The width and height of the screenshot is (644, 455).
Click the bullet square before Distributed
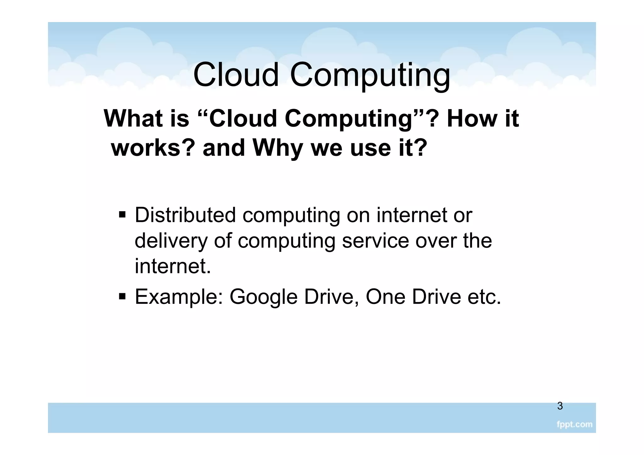(x=122, y=216)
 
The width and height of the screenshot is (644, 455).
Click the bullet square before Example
(x=122, y=296)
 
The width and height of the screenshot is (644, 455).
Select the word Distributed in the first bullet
(x=185, y=215)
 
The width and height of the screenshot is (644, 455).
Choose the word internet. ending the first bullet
(x=173, y=266)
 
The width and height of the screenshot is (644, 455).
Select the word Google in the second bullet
(x=264, y=297)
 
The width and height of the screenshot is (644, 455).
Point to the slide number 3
(x=560, y=406)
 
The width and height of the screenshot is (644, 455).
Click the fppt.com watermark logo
(x=574, y=425)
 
